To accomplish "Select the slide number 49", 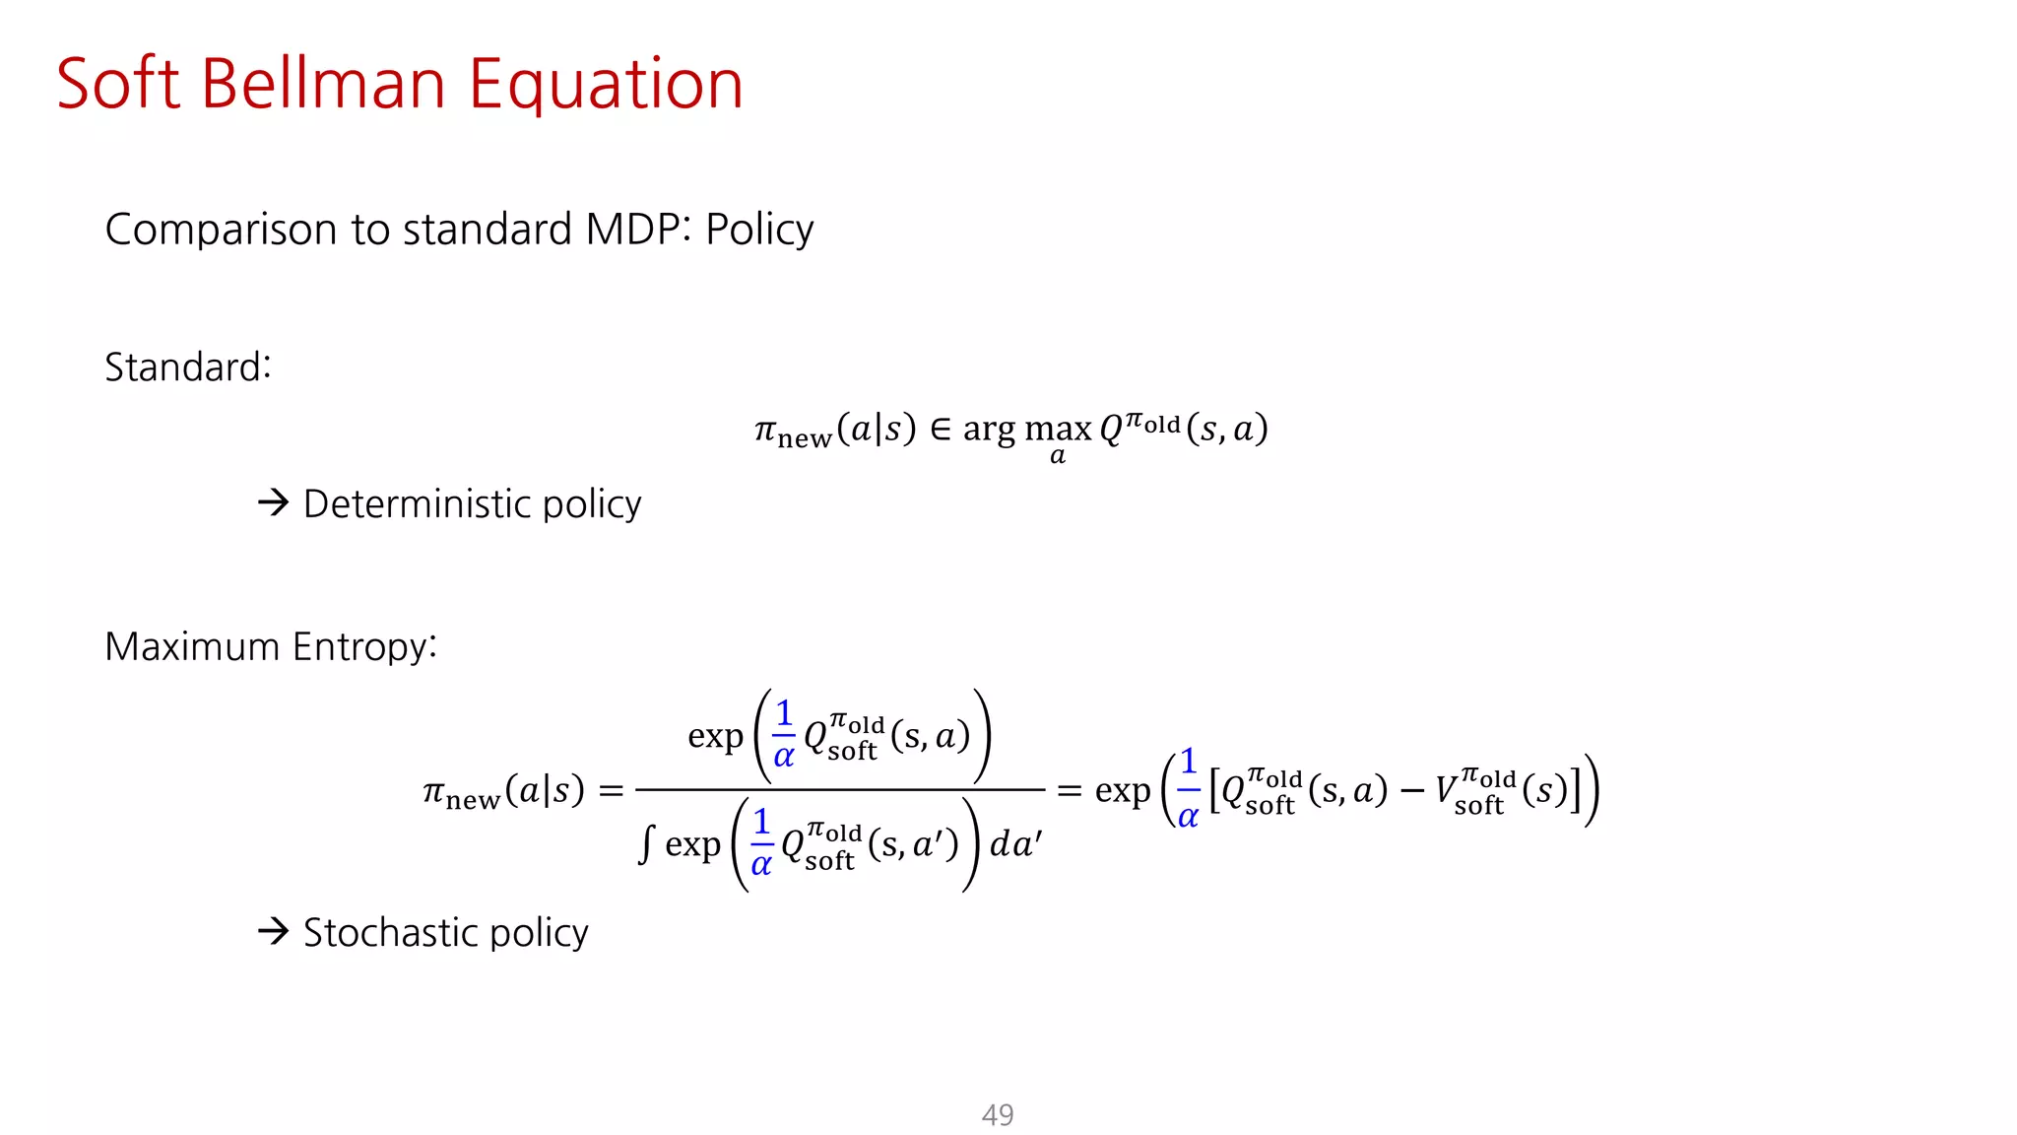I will pyautogui.click(x=998, y=1114).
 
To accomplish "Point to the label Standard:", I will pyautogui.click(x=187, y=367).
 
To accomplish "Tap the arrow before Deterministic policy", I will pyautogui.click(x=273, y=502).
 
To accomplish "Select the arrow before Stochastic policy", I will pyautogui.click(x=273, y=931).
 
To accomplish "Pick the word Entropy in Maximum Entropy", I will pyautogui.click(x=363, y=647).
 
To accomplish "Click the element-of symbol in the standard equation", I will pyautogui.click(x=941, y=430).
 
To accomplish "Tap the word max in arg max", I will pyautogui.click(x=1058, y=430).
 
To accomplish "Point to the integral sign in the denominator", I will pyautogui.click(x=645, y=845).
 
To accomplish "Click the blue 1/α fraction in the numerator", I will pyautogui.click(x=783, y=734).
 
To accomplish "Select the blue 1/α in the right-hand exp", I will pyautogui.click(x=1188, y=788).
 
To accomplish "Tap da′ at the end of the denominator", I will pyautogui.click(x=1014, y=844).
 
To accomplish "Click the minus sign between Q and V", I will pyautogui.click(x=1411, y=791).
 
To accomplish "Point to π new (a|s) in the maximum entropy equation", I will pyautogui.click(x=503, y=791).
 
